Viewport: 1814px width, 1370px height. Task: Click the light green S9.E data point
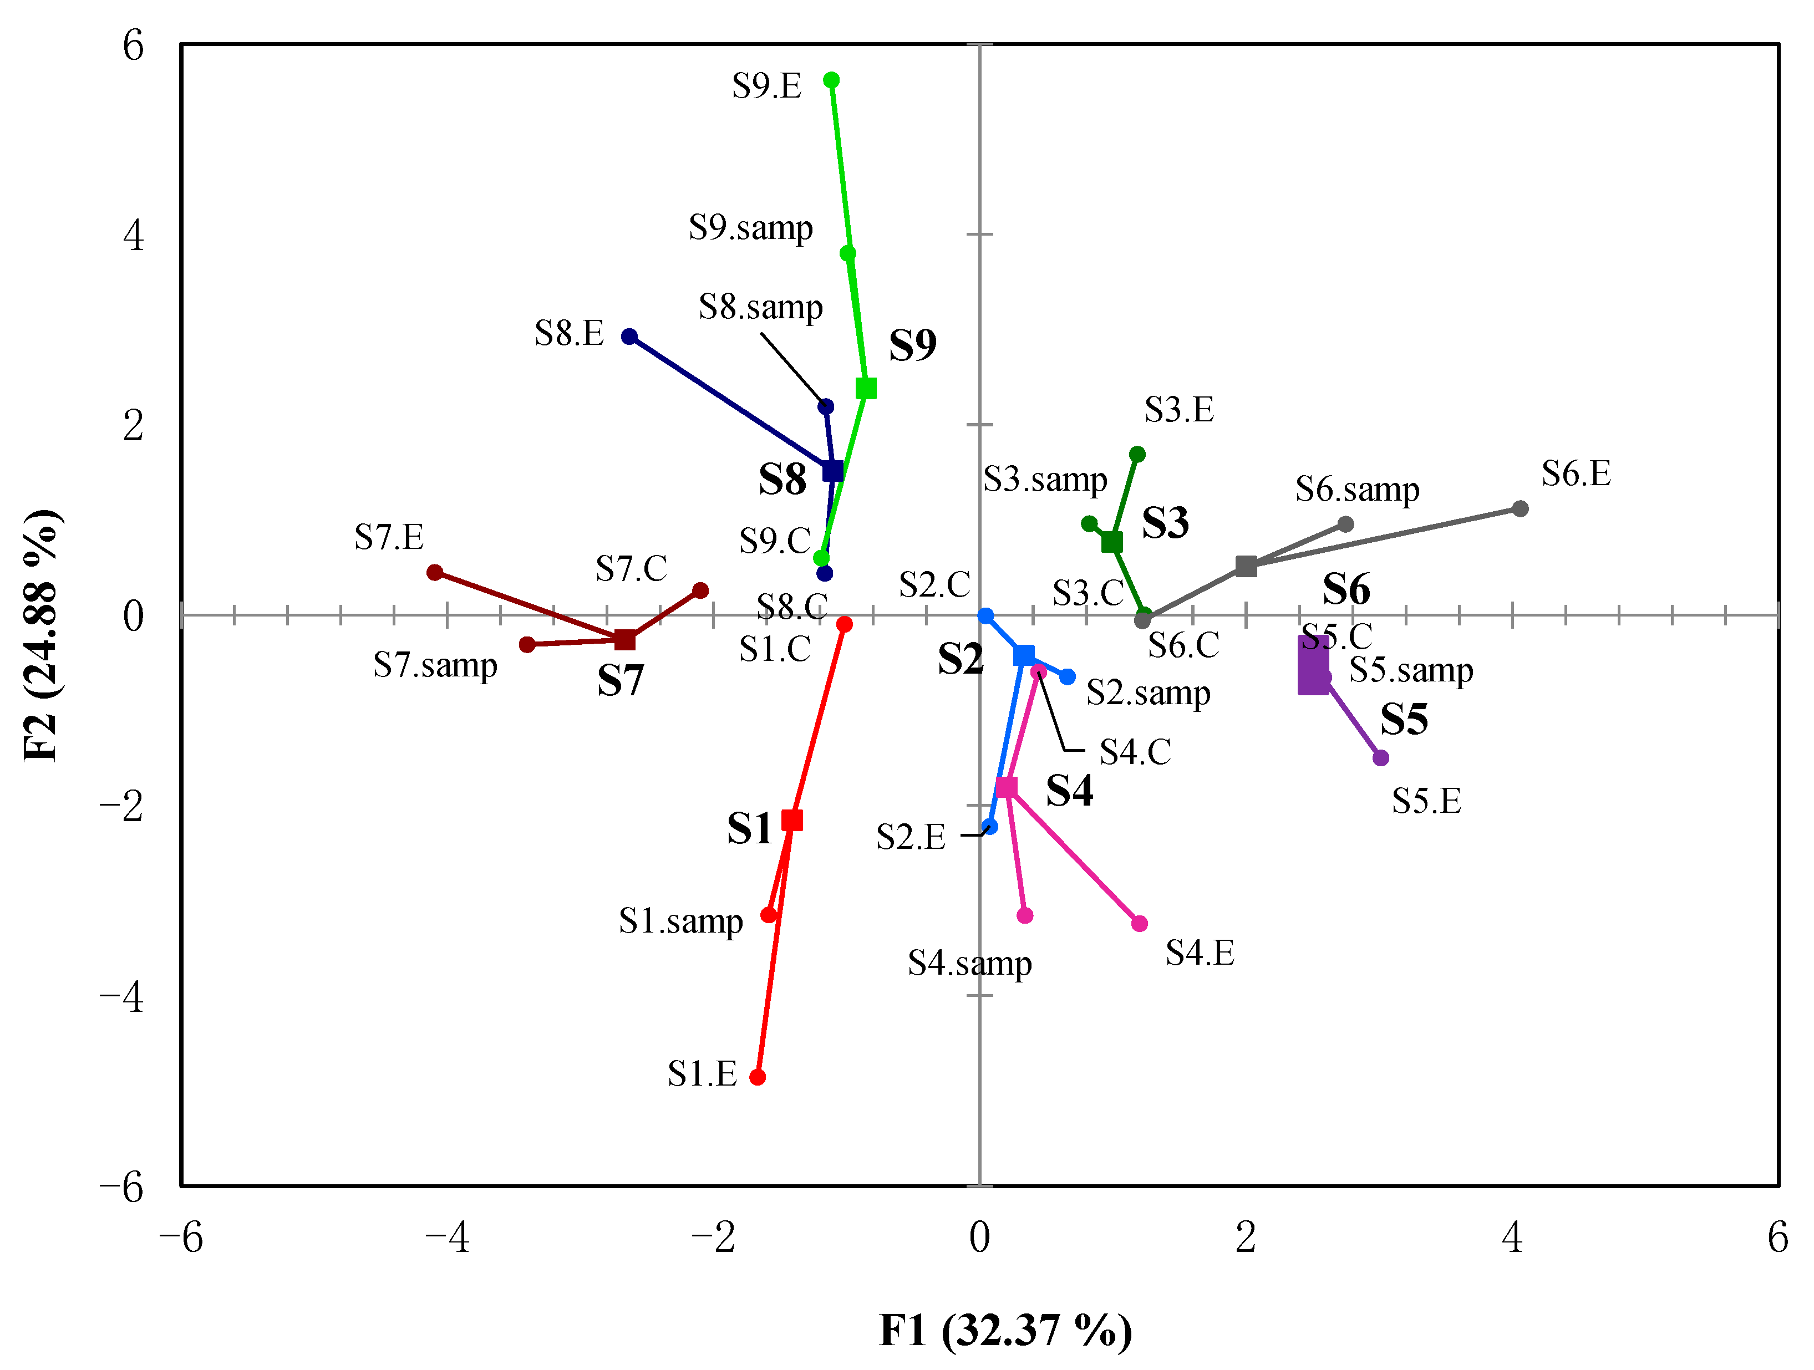[831, 79]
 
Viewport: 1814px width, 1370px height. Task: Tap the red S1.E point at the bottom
[758, 1077]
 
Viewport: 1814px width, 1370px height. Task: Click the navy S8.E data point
[629, 336]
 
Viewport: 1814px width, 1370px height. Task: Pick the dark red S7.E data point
[435, 572]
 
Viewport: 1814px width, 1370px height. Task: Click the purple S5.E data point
[1381, 757]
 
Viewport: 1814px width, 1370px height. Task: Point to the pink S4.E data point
[1140, 923]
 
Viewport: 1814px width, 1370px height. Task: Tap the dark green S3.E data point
[1137, 454]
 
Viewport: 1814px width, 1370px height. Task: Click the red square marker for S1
[792, 820]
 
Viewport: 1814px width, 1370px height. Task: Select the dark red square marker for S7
[625, 639]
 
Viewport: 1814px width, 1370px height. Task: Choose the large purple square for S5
[1313, 665]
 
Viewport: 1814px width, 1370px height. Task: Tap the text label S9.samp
[750, 227]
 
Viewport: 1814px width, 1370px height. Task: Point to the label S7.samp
[435, 665]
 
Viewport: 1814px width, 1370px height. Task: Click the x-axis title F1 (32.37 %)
[1005, 1330]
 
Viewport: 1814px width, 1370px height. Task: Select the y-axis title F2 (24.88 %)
[41, 635]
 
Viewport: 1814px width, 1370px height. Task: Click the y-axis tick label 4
[133, 235]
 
